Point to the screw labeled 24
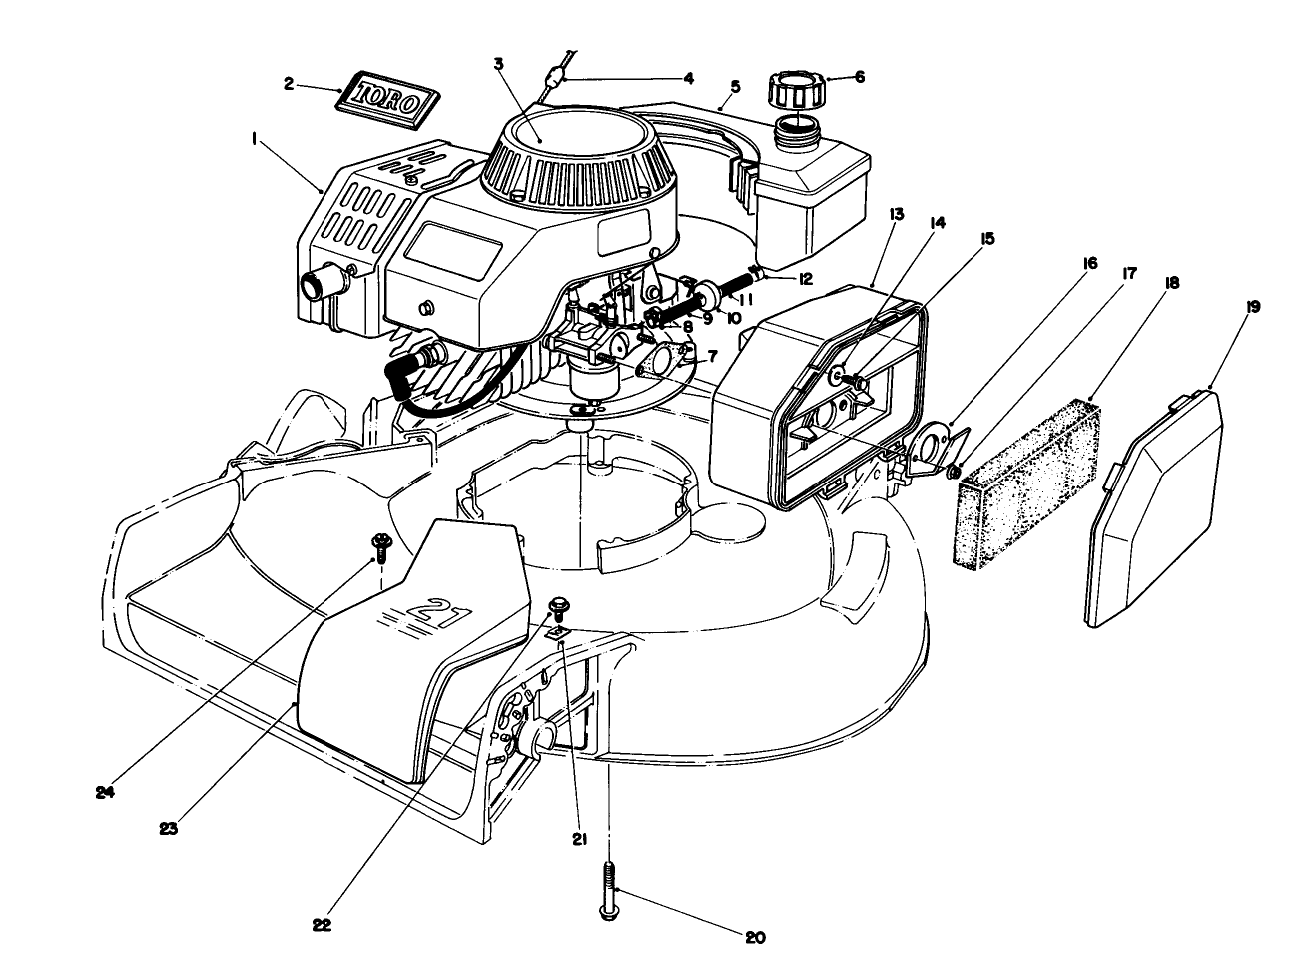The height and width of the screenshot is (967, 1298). (x=380, y=544)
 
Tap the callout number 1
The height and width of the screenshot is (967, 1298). (x=256, y=143)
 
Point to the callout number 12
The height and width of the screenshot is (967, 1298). (x=804, y=279)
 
